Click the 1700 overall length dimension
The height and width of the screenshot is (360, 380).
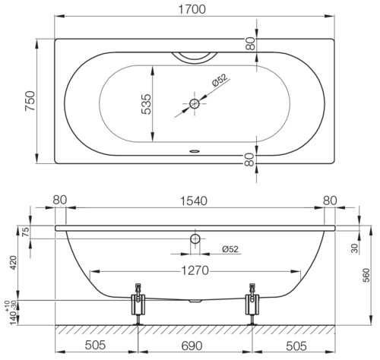pos(192,9)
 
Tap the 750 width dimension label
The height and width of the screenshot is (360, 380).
pos(30,101)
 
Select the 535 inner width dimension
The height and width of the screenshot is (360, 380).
pos(146,104)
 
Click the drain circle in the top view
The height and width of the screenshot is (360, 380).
pos(195,103)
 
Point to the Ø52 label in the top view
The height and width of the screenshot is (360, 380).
pos(220,80)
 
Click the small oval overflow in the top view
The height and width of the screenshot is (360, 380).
pos(195,151)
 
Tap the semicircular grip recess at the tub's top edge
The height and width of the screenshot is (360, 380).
pos(195,58)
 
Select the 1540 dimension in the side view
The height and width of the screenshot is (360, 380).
pos(194,201)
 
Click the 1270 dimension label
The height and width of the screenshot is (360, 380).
pos(195,270)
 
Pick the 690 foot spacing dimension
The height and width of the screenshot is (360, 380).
pos(192,346)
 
